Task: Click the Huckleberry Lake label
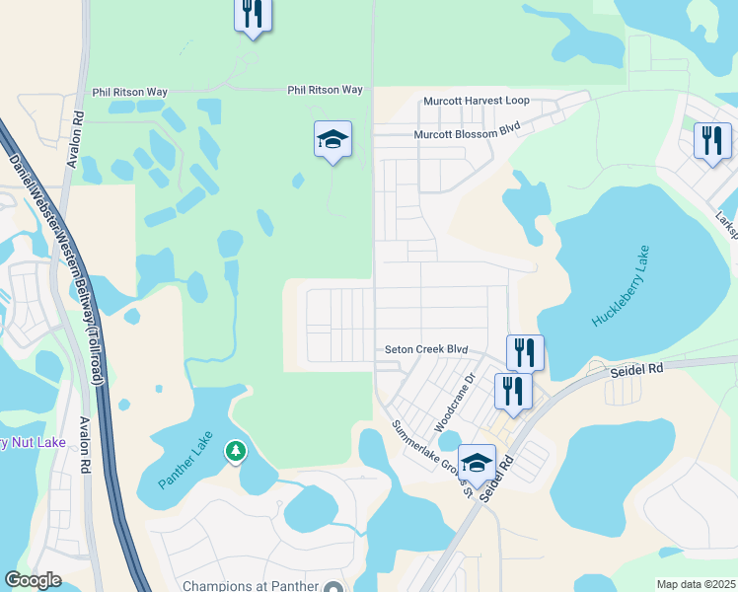623,286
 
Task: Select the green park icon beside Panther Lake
235,451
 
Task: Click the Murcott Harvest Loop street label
477,101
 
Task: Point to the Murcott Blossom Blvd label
467,129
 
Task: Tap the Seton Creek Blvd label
425,349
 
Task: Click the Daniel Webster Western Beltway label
57,265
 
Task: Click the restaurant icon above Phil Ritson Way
253,14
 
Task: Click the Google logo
34,579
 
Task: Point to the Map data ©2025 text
696,584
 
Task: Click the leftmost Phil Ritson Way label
129,92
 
